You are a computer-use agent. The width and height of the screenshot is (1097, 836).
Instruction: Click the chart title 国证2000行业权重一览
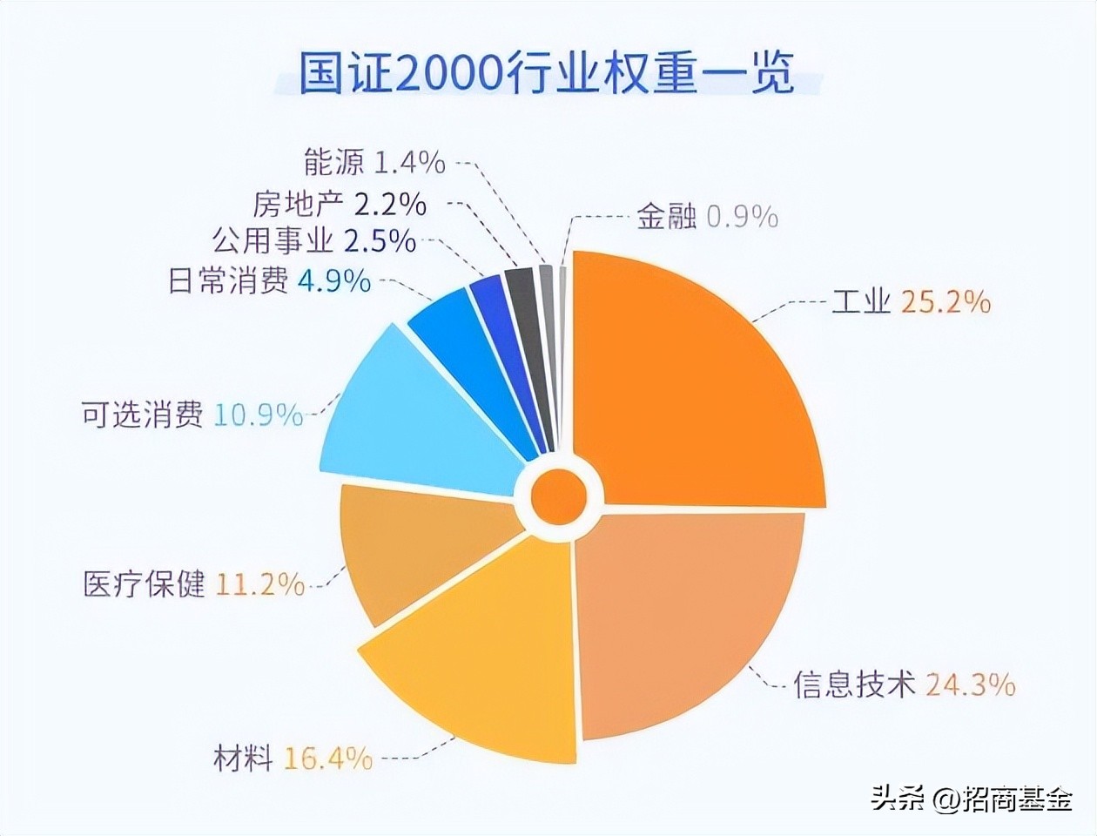coord(547,73)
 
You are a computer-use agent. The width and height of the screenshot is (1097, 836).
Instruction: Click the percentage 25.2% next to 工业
coord(946,302)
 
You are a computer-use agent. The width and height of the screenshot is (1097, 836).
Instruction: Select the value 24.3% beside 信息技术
coord(970,684)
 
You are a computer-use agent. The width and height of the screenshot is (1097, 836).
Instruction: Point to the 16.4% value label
coord(328,758)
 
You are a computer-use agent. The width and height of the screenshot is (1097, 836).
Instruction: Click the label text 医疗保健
coord(144,583)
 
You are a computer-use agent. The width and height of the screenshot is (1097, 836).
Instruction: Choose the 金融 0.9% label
coord(706,216)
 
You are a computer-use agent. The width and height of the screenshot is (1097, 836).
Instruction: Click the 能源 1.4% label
coord(374,162)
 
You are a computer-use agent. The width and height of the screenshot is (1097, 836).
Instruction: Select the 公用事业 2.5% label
coord(313,240)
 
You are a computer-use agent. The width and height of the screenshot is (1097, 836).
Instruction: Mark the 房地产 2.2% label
coord(340,204)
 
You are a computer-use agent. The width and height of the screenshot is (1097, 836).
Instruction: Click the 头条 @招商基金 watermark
coord(971,798)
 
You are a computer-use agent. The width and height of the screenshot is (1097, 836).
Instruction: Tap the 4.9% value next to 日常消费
coord(334,281)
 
